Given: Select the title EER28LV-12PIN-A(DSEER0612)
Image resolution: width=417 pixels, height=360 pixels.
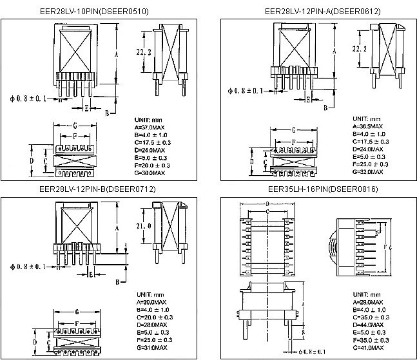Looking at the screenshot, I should coord(314,11).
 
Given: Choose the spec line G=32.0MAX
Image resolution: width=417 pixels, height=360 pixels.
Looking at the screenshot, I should coord(368,172).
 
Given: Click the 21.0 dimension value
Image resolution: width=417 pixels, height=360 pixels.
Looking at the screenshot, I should coord(144,225).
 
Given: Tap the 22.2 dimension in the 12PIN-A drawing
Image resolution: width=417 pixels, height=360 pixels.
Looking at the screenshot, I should coord(360,48).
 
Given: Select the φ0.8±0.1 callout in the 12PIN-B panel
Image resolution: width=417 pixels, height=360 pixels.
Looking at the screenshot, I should coord(27,267).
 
